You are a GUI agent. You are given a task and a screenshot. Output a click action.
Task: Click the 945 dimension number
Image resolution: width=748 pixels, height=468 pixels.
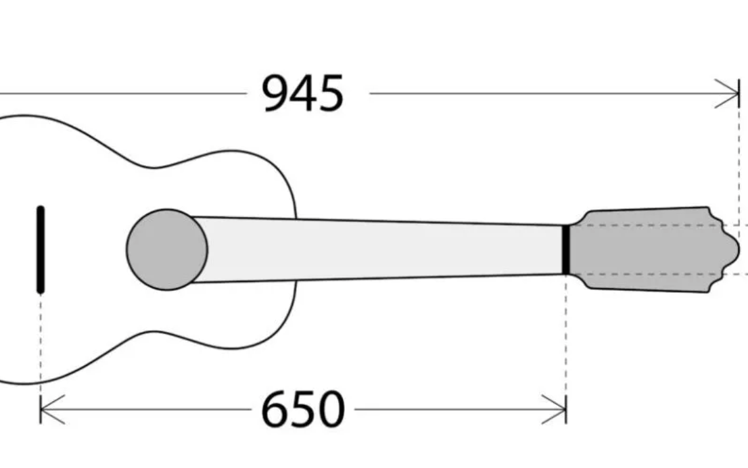coord(303,93)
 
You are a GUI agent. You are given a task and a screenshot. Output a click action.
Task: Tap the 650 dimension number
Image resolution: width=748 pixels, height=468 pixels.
coord(303,409)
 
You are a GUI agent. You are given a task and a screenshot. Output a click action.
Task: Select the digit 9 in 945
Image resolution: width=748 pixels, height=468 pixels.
coord(275,93)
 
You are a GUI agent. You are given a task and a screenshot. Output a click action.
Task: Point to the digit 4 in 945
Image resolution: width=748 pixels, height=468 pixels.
coord(303,93)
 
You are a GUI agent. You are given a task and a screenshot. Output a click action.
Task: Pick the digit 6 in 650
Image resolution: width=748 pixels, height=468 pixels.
coord(275,409)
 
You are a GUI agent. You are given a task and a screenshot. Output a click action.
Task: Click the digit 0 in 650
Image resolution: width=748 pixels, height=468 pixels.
coord(331,409)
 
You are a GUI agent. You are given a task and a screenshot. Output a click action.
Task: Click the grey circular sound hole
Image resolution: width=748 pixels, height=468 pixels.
coord(167,250)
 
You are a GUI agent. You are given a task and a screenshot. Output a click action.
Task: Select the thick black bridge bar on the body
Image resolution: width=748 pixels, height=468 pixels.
coord(41,250)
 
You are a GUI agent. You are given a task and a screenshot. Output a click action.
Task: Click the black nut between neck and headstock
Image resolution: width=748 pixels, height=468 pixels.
coord(566,250)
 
